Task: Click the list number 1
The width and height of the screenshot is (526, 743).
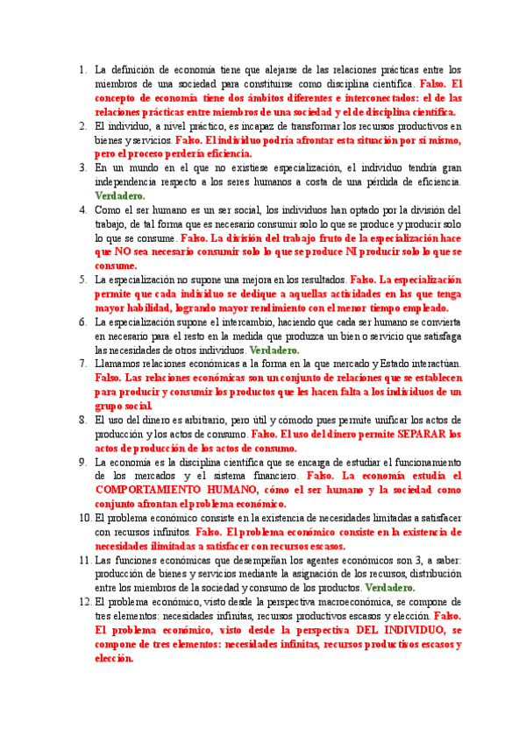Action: click(82, 69)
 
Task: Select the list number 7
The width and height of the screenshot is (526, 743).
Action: click(82, 363)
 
